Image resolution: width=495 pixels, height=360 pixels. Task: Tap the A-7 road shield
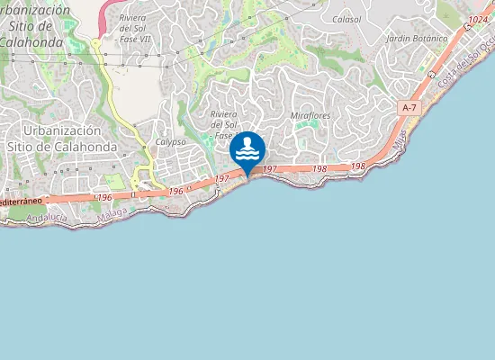409,108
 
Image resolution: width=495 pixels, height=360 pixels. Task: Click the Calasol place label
346,18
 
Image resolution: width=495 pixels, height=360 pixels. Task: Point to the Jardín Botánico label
416,40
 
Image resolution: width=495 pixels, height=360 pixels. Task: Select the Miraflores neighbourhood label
310,116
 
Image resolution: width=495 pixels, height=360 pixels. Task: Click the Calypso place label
170,142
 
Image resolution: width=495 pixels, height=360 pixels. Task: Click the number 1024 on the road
479,20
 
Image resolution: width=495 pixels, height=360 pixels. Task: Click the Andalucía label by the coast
48,218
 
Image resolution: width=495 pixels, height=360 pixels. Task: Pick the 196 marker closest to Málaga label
104,196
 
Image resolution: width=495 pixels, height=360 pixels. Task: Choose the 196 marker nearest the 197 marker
175,191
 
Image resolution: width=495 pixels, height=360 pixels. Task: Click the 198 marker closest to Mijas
357,166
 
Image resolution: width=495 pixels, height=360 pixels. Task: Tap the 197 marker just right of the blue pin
269,169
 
